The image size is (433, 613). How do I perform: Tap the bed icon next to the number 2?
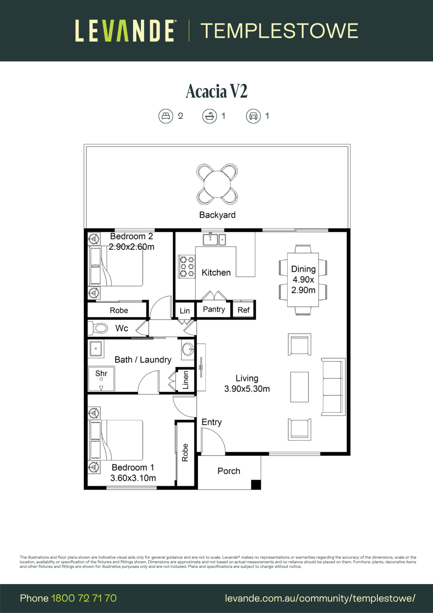pos(166,116)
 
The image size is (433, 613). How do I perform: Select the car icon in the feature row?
pos(253,116)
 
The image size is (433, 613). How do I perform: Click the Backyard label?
pos(217,215)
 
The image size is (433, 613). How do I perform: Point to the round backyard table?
pos(217,184)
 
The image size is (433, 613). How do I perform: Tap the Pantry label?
pos(214,309)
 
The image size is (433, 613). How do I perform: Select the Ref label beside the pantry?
pos(243,310)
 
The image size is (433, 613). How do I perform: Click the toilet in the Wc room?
pos(98,328)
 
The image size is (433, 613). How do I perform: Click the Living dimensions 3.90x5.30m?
pos(247,389)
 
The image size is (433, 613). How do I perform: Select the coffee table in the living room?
pos(299,387)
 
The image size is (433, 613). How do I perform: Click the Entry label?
pos(212,422)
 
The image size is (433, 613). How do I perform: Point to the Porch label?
pos(229,471)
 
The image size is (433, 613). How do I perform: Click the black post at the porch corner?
pos(256,485)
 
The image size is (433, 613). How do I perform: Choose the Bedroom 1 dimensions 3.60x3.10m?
pos(133,478)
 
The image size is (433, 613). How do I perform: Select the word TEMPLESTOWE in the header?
pos(279,31)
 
